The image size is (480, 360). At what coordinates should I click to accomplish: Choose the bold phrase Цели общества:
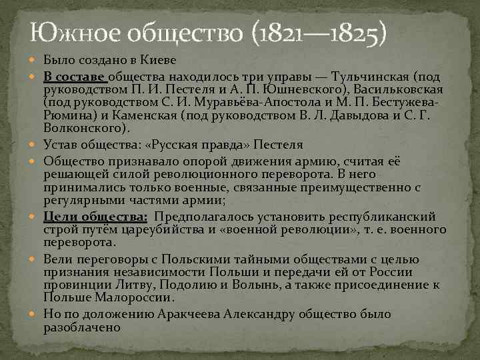click(96, 216)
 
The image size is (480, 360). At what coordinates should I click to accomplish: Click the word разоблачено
click(81, 327)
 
